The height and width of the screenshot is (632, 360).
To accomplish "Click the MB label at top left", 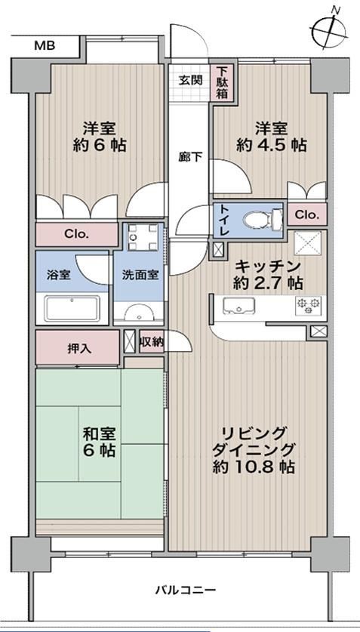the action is pos(45,46).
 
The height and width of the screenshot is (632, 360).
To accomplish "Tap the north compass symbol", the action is pos(329,29).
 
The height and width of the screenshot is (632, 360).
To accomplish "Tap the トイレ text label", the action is pos(222,220).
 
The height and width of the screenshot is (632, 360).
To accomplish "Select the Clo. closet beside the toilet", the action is pos(306,214).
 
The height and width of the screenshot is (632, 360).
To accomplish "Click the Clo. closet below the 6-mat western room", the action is pos(76,234).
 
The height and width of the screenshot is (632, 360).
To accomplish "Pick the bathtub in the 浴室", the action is pos(72,308).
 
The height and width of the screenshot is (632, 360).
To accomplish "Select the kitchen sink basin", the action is pos(238,306).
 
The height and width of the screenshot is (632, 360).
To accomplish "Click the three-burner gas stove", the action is pos(309,306).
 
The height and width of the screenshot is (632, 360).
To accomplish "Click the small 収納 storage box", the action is pos(152,342).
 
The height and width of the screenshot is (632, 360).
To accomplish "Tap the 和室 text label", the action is pos(99,434).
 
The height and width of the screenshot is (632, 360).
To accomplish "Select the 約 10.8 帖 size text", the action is pos(254,467).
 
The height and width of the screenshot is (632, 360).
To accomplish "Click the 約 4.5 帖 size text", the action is pos(271,145).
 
